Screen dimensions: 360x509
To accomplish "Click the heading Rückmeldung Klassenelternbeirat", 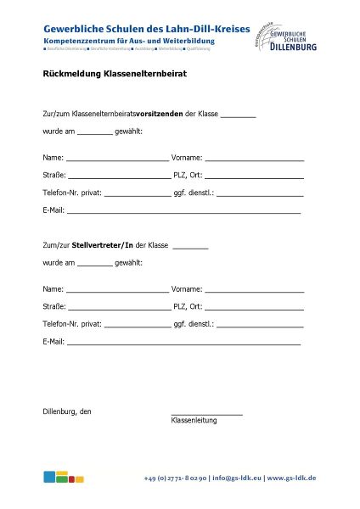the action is click(115, 74).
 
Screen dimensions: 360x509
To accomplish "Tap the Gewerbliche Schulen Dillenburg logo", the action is click(285, 37).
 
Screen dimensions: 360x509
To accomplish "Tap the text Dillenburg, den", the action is click(67, 411).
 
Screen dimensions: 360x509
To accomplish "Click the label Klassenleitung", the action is click(194, 420).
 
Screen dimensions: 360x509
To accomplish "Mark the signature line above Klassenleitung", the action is click(206, 413).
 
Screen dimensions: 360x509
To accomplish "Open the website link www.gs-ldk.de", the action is click(292, 478).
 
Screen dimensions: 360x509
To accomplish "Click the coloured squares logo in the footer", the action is click(64, 477).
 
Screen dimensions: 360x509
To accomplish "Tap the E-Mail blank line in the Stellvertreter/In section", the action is click(183, 344).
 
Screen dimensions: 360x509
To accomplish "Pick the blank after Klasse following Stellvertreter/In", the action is click(190, 247).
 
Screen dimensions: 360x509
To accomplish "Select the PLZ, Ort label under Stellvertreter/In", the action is click(187, 307).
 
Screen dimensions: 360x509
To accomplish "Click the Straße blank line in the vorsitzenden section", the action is click(119, 176).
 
